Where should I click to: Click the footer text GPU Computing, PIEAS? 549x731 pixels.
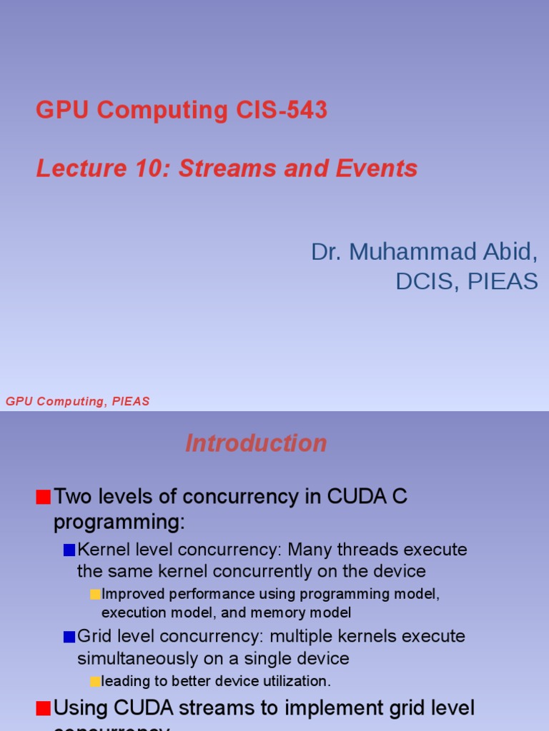tap(78, 401)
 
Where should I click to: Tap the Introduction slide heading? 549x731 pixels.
tap(256, 443)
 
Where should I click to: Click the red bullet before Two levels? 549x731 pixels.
tap(44, 497)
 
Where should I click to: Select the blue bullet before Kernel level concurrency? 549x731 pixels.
tap(69, 550)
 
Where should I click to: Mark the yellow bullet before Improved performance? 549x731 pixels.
tap(95, 595)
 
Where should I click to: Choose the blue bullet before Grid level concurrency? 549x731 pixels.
tap(69, 636)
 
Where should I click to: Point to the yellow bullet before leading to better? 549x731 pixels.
tap(95, 682)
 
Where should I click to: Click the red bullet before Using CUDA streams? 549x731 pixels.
tap(44, 708)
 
